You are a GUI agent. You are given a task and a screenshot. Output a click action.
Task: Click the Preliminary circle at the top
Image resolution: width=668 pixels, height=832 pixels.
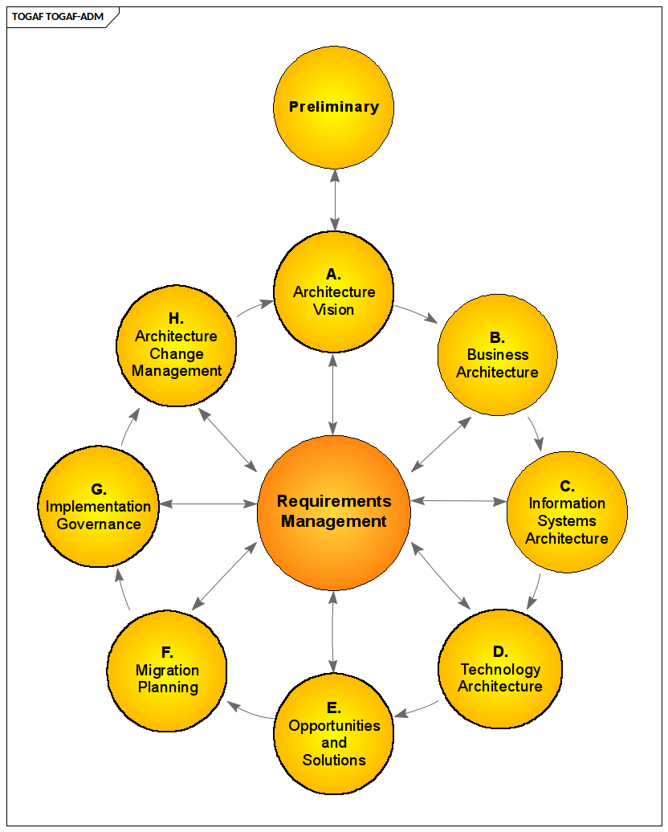click(334, 107)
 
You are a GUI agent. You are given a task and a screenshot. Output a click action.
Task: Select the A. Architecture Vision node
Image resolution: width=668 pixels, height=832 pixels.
click(334, 292)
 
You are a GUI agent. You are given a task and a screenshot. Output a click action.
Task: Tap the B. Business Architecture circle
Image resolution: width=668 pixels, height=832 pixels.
click(498, 355)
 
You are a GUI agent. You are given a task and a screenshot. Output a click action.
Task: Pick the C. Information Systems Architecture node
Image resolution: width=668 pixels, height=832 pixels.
click(567, 512)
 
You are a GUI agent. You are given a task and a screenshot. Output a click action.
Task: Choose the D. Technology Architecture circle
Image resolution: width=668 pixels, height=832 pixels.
click(499, 668)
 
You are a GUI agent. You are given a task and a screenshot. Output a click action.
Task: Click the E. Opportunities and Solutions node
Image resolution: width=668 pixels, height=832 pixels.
click(334, 734)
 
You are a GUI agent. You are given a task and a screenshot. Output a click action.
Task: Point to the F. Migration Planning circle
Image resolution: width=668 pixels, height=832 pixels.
click(167, 670)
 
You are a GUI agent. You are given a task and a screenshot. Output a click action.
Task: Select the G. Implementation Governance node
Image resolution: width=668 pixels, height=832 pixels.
click(98, 506)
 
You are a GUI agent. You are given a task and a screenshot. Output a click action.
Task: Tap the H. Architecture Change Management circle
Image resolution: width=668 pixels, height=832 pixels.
click(177, 346)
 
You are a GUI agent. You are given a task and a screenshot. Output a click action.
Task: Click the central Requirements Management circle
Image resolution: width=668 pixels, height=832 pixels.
click(334, 512)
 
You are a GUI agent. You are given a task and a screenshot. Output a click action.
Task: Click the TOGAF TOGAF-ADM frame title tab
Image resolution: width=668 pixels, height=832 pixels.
click(58, 17)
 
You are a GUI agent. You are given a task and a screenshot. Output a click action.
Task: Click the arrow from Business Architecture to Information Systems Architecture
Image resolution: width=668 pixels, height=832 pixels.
click(536, 433)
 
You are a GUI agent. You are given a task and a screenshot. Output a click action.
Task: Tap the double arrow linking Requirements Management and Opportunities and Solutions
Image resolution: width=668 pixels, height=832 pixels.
click(333, 632)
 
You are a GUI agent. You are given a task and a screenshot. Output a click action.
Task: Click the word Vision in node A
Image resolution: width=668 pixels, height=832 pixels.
click(334, 310)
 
